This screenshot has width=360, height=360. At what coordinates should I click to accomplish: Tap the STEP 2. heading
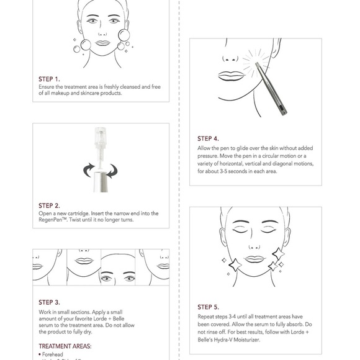pos(49,205)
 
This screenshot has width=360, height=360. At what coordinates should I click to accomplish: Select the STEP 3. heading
pos(49,302)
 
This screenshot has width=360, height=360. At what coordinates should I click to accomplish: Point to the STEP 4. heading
pos(208,139)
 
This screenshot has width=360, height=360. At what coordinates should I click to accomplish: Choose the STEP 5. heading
pos(208,307)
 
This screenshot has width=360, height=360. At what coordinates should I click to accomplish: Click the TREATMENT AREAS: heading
pos(65,346)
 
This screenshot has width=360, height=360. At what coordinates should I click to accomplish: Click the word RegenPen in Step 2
pos(52,220)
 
